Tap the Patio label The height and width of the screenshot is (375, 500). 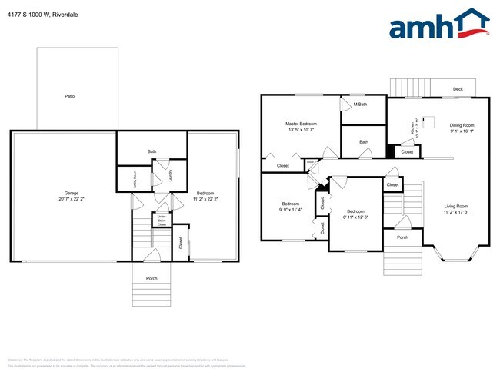(x=69, y=96)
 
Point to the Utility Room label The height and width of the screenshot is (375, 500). (x=135, y=178)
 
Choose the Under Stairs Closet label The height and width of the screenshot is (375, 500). (x=162, y=221)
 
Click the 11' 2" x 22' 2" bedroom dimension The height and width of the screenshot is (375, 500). (x=205, y=198)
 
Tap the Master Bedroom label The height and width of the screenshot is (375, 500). (x=300, y=124)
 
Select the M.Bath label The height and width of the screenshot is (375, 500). (x=358, y=105)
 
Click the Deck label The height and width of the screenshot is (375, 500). (x=458, y=89)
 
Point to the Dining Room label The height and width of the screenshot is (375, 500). (x=462, y=125)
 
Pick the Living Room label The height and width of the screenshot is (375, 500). (x=455, y=206)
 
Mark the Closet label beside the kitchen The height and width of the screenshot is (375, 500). (x=407, y=152)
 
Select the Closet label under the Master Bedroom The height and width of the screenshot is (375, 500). (x=282, y=166)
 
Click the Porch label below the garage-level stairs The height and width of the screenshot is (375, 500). (x=152, y=278)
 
